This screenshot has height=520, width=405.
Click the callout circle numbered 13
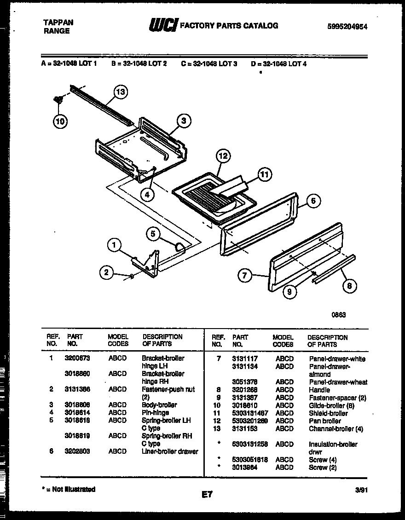pos(120,92)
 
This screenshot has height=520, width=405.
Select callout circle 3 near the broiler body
pos(183,121)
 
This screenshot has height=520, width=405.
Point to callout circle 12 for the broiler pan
pos(222,156)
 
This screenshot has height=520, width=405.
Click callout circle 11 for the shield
pos(264,174)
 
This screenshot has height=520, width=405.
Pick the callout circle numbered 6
pos(313,201)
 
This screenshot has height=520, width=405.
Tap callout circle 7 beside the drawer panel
pos(245,276)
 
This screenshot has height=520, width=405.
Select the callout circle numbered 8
pos(349,286)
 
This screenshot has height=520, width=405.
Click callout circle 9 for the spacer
pos(289,292)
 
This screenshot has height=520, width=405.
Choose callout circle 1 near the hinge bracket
pos(114,245)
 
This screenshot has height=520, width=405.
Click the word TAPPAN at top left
pos(58,22)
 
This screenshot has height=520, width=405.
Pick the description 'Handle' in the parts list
pos(319,389)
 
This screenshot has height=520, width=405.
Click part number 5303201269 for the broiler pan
pos(250,421)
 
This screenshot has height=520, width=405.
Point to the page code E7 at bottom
pos(207,495)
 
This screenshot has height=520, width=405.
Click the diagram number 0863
pos(339,315)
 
